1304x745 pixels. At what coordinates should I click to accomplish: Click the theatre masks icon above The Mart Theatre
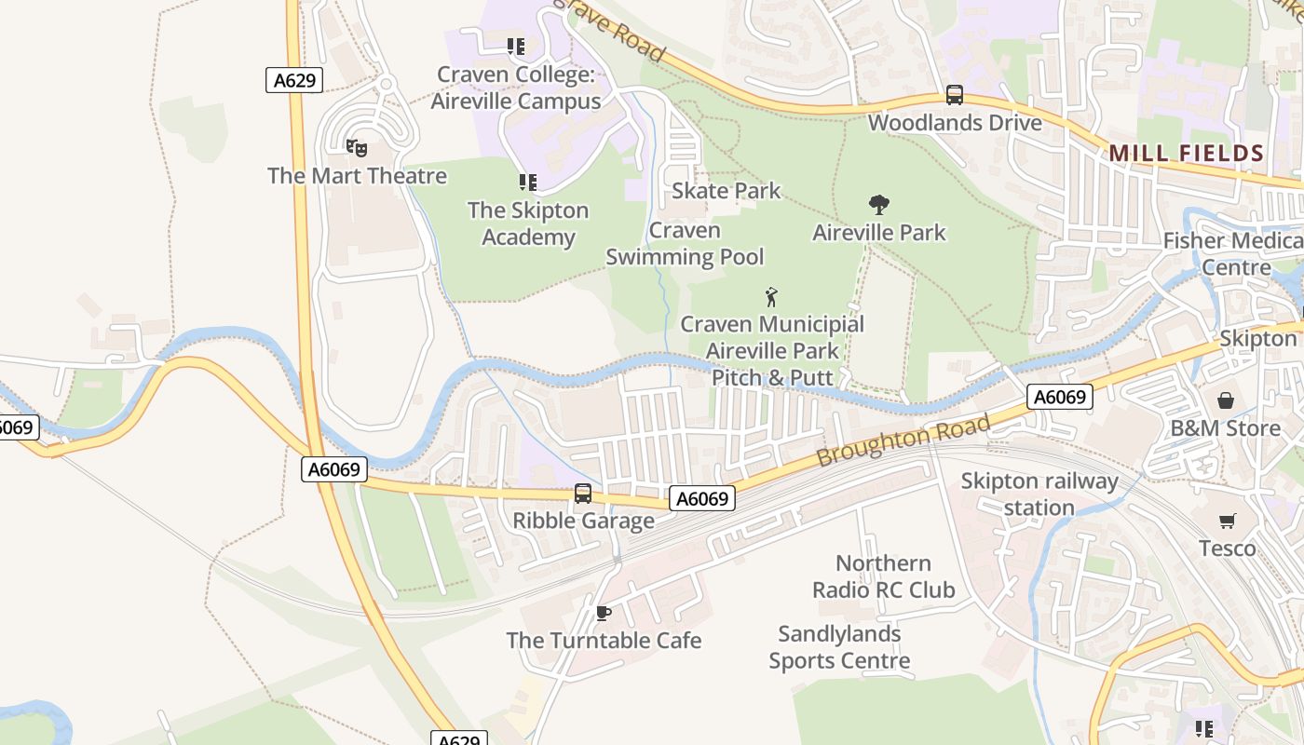pos(356,148)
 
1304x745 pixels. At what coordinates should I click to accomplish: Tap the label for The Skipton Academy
pos(528,223)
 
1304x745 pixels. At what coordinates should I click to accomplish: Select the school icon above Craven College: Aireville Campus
pos(515,47)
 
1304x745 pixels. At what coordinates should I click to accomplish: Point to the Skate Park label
pos(727,191)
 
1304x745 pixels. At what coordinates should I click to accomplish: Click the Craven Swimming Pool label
pos(685,244)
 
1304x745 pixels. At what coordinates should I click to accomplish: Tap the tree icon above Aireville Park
pos(878,205)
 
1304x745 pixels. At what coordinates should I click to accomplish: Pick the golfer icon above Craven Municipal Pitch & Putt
pos(771,298)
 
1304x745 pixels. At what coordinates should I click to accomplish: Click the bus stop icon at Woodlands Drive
pos(955,95)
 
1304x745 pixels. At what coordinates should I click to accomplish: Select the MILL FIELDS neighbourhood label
pos(1186,154)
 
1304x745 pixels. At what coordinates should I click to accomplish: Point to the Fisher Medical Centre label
pos(1232,254)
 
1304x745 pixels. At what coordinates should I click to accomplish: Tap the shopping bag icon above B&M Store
pos(1226,401)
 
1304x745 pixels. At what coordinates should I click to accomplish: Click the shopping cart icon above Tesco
pos(1227,521)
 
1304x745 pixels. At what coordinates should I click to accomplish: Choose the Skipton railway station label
pos(1039,494)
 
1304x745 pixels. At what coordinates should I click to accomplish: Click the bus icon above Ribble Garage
pos(583,494)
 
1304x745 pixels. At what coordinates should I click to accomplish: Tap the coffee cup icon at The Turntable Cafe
pos(604,613)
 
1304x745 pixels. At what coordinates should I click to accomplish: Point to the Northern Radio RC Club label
pos(883,576)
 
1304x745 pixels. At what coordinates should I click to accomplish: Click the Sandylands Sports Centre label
pos(839,647)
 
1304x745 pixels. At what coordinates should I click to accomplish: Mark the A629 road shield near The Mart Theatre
pos(295,80)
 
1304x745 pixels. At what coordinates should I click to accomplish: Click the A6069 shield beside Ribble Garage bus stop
pos(702,499)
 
